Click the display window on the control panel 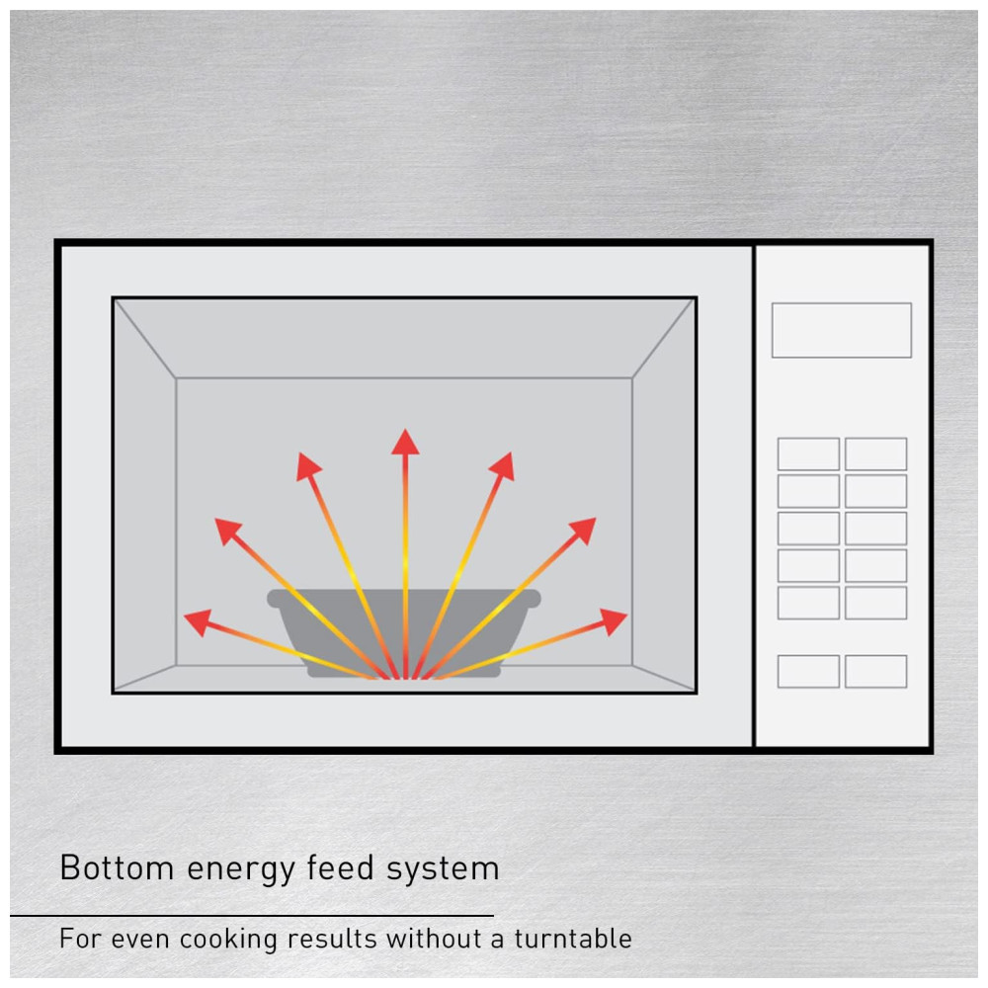tap(841, 330)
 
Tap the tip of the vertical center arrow tap(405, 429)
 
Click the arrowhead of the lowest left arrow tap(198, 621)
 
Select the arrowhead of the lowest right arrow tap(614, 621)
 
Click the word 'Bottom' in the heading tap(117, 867)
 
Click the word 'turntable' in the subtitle tap(573, 939)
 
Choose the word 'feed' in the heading tap(340, 867)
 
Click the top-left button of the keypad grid tap(808, 453)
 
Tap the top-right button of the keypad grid tap(875, 453)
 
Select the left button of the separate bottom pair tap(808, 671)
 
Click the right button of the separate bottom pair tap(875, 671)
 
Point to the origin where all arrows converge tap(405, 678)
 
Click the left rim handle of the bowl tap(274, 599)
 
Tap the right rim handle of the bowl tap(535, 599)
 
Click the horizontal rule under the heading tap(252, 916)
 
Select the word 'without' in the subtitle tap(435, 939)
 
